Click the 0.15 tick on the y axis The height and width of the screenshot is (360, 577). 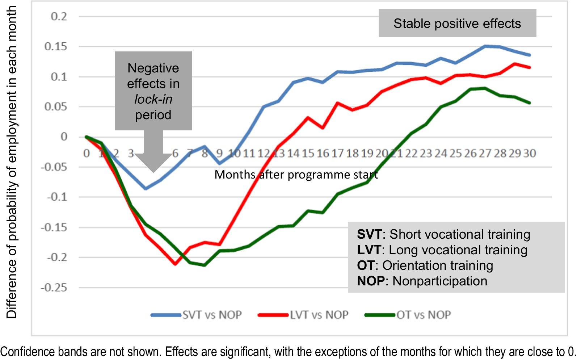pos(56,47)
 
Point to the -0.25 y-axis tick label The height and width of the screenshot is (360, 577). pos(54,288)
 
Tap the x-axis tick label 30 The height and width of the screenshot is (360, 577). pos(529,154)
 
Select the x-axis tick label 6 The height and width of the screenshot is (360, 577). pos(175,154)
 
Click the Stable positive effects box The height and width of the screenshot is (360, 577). pos(457,24)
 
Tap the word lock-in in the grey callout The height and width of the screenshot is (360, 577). pos(153,99)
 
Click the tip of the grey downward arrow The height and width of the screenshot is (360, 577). pos(153,171)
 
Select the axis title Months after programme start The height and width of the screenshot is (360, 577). pos(296,175)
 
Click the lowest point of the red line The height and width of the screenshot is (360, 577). pos(175,264)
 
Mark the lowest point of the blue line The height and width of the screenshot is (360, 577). pos(146,189)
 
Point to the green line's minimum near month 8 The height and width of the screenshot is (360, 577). pos(205,265)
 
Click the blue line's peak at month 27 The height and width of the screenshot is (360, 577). pos(485,46)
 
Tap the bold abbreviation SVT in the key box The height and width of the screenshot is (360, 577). pos(369,234)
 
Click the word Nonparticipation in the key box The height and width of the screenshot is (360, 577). pos(440,281)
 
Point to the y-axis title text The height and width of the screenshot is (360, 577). pos(12,162)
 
